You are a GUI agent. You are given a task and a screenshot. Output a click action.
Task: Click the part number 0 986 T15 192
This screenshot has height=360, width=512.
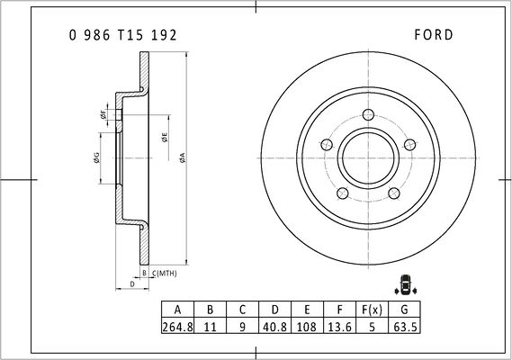pos(122,35)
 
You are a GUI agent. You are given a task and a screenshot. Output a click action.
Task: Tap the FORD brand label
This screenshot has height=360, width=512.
pos(434,34)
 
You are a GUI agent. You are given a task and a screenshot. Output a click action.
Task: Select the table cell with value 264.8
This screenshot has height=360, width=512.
pos(177,327)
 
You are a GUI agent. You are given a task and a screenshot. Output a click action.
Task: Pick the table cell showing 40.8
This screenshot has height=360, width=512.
pos(275,327)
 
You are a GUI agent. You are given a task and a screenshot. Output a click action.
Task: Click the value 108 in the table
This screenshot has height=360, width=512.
pos(307,327)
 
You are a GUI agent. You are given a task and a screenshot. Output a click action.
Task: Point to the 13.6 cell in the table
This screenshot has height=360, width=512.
pos(339,327)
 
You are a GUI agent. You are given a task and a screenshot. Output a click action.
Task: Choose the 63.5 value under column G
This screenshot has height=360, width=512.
pos(405,327)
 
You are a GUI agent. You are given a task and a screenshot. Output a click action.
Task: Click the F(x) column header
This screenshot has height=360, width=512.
pos(372,310)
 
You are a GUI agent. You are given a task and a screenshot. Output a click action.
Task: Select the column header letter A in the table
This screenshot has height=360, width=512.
pos(177,310)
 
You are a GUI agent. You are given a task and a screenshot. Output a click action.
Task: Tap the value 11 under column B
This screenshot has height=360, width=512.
pos(210,327)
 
